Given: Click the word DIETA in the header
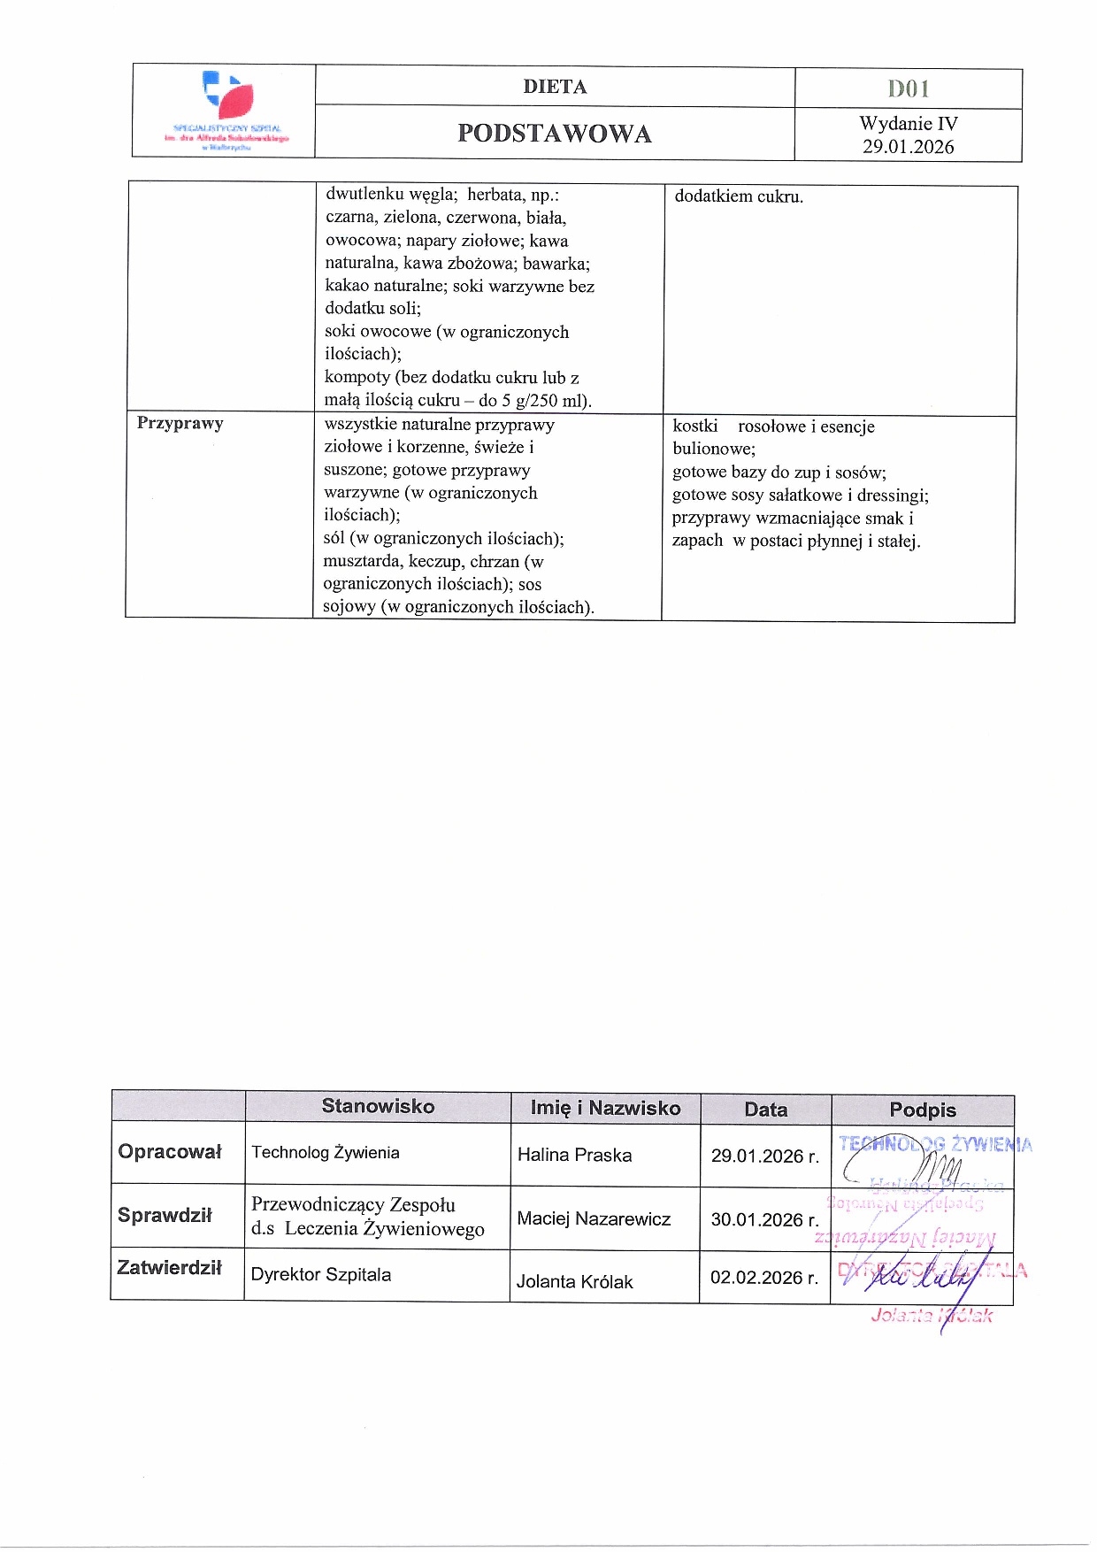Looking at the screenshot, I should (x=555, y=87).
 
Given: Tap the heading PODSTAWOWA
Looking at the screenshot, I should (x=555, y=134).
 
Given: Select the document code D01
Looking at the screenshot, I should (x=909, y=88).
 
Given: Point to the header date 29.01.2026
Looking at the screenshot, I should (x=909, y=147).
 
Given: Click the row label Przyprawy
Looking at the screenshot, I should (x=180, y=423).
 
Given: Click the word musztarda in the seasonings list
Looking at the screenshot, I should (x=362, y=561).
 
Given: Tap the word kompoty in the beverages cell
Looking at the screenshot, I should (x=357, y=377).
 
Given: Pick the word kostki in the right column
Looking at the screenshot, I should (x=695, y=426).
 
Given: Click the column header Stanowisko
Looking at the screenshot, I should (x=378, y=1106).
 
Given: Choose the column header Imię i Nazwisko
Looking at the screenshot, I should (x=605, y=1108).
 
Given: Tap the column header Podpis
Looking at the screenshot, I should (x=923, y=1110).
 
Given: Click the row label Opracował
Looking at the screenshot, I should (x=170, y=1151).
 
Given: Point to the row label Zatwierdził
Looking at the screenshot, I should (x=169, y=1267).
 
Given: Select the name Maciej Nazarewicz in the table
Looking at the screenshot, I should (x=594, y=1218).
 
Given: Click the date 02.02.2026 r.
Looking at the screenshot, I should (x=764, y=1278).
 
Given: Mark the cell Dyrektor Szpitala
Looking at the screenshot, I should (x=321, y=1274).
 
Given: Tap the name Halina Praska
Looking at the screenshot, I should (x=574, y=1155).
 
